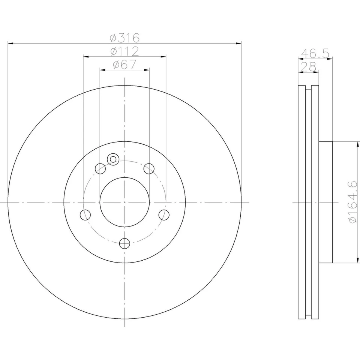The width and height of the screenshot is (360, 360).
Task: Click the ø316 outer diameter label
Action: pyautogui.click(x=124, y=38)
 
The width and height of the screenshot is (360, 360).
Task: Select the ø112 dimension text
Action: pyautogui.click(x=124, y=51)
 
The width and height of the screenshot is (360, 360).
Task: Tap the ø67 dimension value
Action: pyautogui.click(x=124, y=64)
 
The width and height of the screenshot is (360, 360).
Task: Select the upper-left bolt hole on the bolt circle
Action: pyautogui.click(x=100, y=169)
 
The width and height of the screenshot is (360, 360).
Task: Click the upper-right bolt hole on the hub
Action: pyautogui.click(x=149, y=169)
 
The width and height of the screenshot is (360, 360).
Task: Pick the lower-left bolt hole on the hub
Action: pyautogui.click(x=85, y=215)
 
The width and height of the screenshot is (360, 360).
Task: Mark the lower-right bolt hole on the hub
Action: pyautogui.click(x=164, y=215)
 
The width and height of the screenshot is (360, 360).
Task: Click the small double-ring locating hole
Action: pyautogui.click(x=112, y=159)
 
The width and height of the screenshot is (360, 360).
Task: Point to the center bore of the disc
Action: pyautogui.click(x=124, y=202)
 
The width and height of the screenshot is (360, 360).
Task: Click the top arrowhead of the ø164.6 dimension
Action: pyautogui.click(x=357, y=144)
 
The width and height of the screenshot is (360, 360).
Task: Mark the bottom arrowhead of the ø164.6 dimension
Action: pyautogui.click(x=357, y=260)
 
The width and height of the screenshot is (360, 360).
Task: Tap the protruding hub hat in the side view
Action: pyautogui.click(x=325, y=202)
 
